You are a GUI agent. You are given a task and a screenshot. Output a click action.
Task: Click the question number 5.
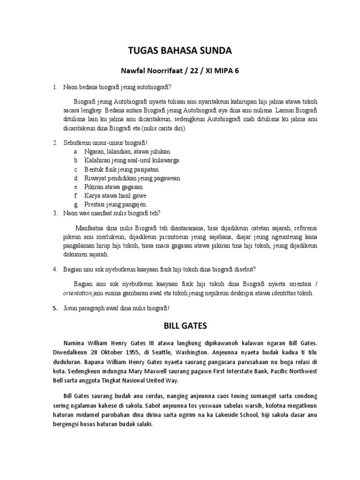54,308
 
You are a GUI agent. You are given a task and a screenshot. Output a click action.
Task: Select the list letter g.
75,204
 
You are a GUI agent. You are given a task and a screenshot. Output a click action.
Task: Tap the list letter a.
75,151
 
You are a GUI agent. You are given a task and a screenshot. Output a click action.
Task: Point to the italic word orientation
77,293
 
